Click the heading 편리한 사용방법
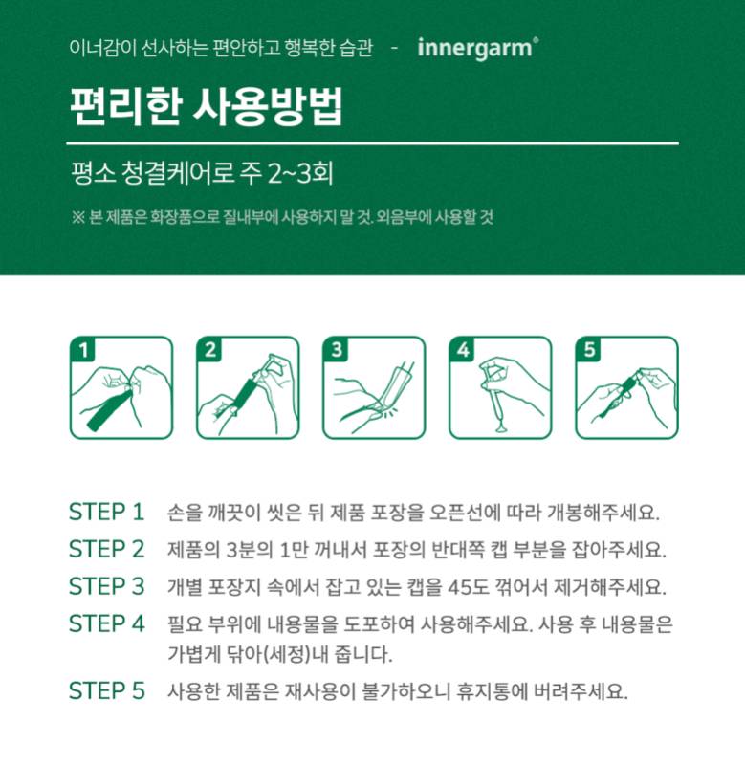(x=207, y=106)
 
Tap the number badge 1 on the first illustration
(x=83, y=349)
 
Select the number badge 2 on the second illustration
(x=209, y=349)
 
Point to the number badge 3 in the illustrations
(x=336, y=349)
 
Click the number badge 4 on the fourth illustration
(x=463, y=349)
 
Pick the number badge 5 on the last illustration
(x=589, y=349)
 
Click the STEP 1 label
(x=107, y=513)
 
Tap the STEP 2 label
(x=107, y=549)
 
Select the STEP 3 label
(x=107, y=586)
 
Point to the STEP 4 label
(x=107, y=623)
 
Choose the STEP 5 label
(x=107, y=690)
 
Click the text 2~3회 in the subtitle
(x=300, y=174)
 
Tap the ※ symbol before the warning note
(x=78, y=217)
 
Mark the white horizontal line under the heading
(x=373, y=143)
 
